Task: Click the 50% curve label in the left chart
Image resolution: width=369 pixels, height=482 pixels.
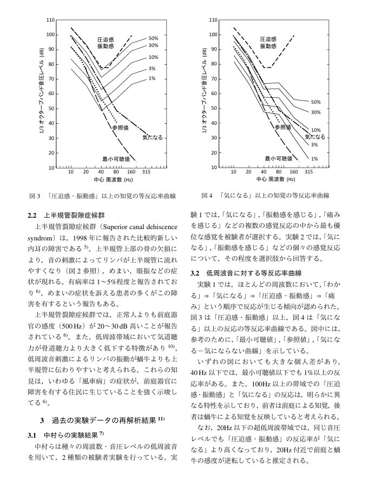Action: coord(153,38)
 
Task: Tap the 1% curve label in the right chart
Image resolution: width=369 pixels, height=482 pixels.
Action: coord(314,158)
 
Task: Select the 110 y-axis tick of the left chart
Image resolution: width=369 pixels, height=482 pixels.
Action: coord(50,20)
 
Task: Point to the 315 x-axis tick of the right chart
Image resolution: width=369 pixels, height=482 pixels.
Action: coord(308,172)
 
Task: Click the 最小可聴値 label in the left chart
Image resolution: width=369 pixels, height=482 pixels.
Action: coord(116,158)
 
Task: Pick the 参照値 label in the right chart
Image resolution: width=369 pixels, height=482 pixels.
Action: coord(282,128)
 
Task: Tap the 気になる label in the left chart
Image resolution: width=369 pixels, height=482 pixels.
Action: coord(153,138)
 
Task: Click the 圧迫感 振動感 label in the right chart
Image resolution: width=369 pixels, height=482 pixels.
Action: coord(268,43)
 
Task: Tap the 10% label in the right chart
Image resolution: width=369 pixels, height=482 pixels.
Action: coord(315,130)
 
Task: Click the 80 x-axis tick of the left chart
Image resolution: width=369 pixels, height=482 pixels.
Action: coord(116,172)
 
